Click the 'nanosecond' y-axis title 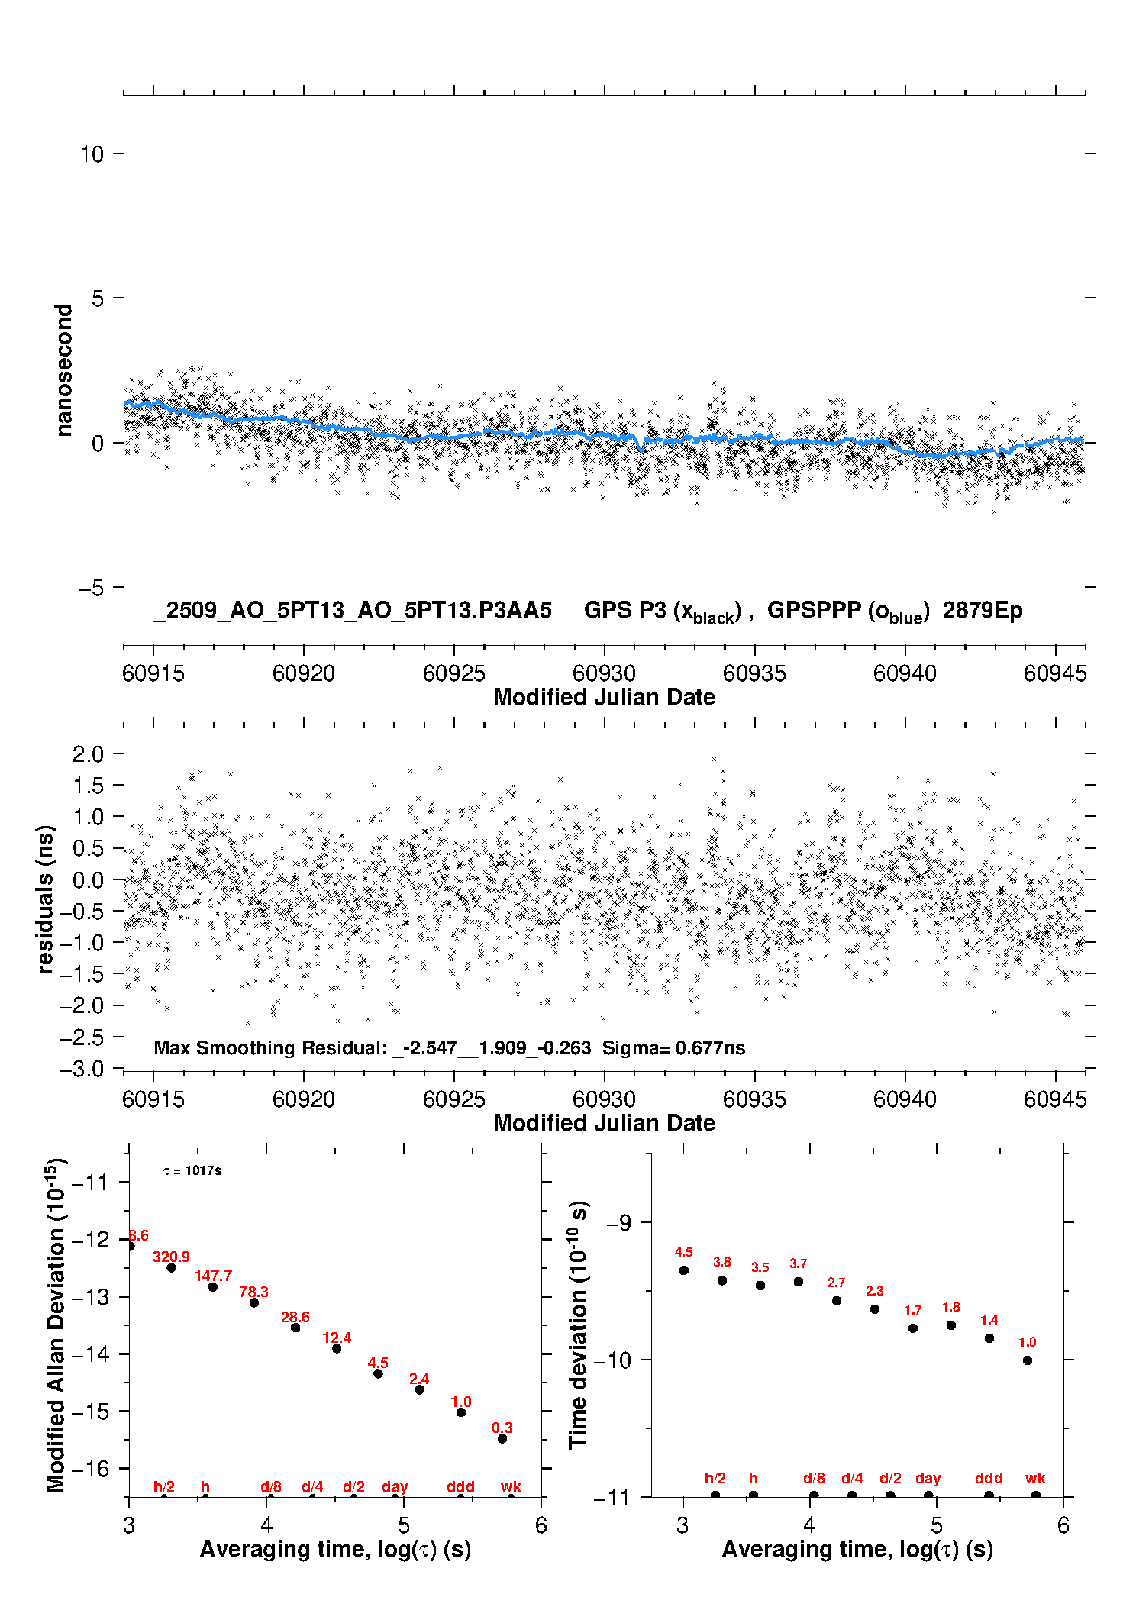pyautogui.click(x=64, y=369)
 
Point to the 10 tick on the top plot pyautogui.click(x=92, y=154)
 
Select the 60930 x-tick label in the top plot pyautogui.click(x=604, y=673)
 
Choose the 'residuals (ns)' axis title pyautogui.click(x=46, y=899)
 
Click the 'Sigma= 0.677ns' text pyautogui.click(x=673, y=1048)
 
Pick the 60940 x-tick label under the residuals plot pyautogui.click(x=905, y=1099)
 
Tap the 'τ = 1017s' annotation pyautogui.click(x=192, y=1170)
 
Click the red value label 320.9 pyautogui.click(x=171, y=1257)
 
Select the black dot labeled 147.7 pyautogui.click(x=213, y=1287)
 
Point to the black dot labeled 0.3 pyautogui.click(x=502, y=1438)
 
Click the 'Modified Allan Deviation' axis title pyautogui.click(x=56, y=1324)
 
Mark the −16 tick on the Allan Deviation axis pyautogui.click(x=89, y=1468)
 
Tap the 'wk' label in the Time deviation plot pyautogui.click(x=1035, y=1479)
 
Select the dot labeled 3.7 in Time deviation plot pyautogui.click(x=799, y=1282)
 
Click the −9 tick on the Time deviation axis pyautogui.click(x=618, y=1222)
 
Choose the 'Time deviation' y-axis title pyautogui.click(x=579, y=1324)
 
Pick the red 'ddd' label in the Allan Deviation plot pyautogui.click(x=460, y=1486)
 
